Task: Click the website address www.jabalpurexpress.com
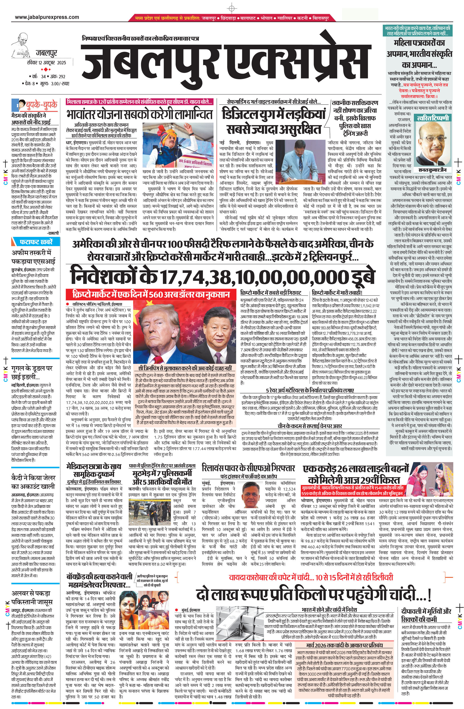pyautogui.click(x=47, y=17)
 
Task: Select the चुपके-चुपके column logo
pyautogui.click(x=35, y=105)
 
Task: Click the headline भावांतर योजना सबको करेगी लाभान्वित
pyautogui.click(x=140, y=114)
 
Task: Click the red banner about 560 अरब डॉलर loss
pyautogui.click(x=152, y=294)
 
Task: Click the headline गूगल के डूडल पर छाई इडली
pyautogui.click(x=32, y=372)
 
